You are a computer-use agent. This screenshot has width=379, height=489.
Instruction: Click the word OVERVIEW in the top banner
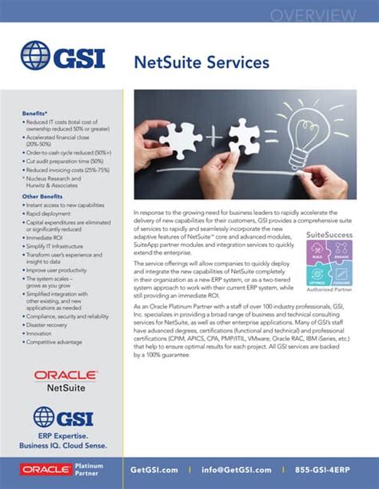pos(323,15)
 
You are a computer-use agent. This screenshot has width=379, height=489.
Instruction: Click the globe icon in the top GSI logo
pos(36,56)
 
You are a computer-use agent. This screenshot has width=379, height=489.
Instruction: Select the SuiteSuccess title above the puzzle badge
pos(329,235)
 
